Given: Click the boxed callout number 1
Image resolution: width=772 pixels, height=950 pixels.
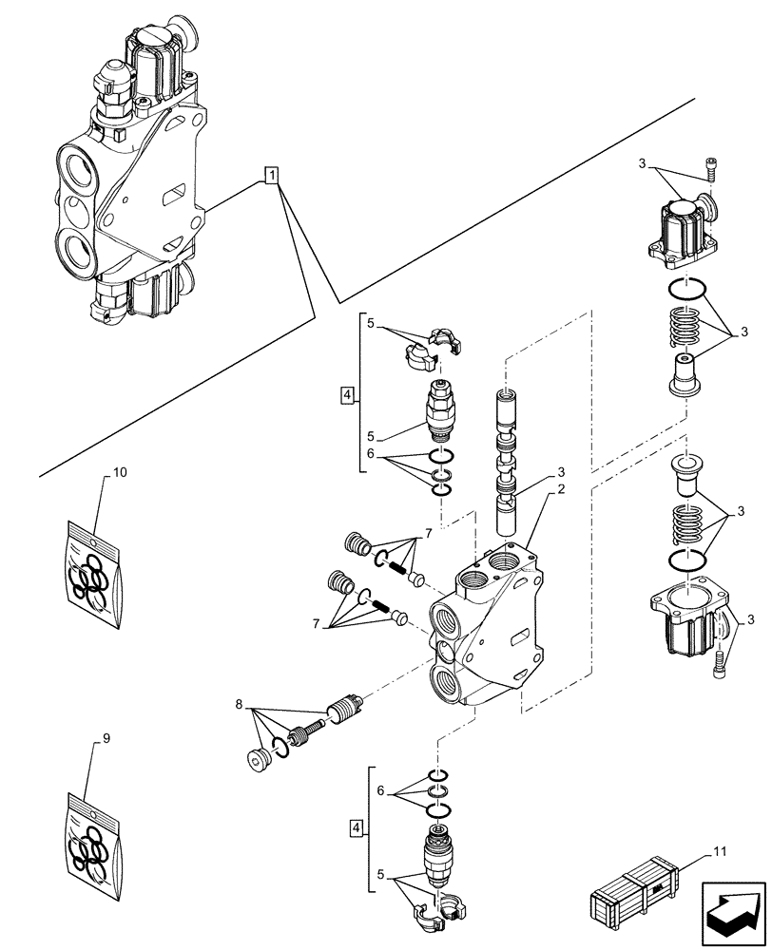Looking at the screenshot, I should tap(272, 176).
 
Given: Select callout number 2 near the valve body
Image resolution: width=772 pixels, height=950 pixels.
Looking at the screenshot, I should tap(562, 488).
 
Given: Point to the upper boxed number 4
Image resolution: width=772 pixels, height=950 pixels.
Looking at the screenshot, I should tap(348, 393).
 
